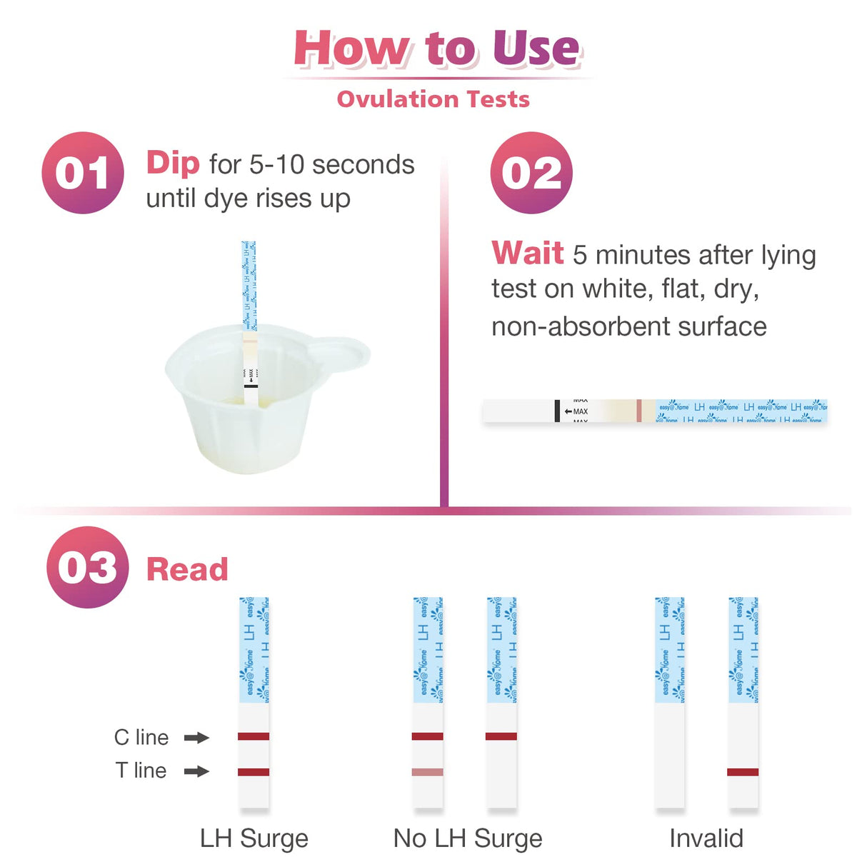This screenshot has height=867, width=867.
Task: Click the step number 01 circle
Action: [83, 173]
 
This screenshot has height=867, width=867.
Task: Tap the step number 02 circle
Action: [531, 173]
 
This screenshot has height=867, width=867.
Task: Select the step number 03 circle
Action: [87, 567]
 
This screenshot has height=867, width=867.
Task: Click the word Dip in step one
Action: [173, 163]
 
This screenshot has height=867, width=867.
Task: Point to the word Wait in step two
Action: [528, 254]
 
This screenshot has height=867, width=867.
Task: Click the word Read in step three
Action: [187, 570]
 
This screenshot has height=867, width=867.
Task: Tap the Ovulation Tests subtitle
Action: [433, 99]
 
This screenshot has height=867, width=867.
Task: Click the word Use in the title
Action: [536, 49]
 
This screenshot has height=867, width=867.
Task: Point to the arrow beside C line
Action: [196, 737]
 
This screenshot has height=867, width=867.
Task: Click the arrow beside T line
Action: [196, 771]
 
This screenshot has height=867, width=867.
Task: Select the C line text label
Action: [141, 737]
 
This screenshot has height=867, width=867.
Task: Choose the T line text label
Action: [141, 771]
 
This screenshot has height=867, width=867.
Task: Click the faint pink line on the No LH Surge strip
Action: [428, 772]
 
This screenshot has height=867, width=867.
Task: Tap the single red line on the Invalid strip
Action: [743, 772]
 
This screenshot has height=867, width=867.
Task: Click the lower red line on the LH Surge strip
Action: [254, 772]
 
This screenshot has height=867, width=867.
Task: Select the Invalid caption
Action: [706, 838]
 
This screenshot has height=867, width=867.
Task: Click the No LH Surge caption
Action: [468, 838]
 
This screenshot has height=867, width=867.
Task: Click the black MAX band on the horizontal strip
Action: [557, 411]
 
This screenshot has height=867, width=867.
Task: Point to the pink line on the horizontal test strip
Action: [639, 411]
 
